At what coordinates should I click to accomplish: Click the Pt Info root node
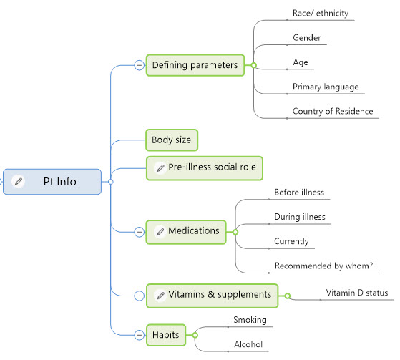[52, 182]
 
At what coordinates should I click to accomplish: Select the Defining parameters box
[195, 65]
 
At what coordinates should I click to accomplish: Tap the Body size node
[172, 140]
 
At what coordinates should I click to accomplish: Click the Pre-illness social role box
[205, 168]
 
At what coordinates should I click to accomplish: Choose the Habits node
[166, 335]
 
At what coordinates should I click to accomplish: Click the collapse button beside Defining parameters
[140, 65]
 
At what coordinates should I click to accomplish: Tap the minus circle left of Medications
[140, 232]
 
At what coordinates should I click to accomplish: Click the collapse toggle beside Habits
[140, 335]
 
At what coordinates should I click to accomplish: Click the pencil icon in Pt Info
[19, 182]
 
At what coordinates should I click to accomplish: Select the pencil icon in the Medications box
[160, 232]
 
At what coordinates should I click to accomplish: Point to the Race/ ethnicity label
[321, 14]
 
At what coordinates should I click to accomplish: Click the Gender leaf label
[307, 38]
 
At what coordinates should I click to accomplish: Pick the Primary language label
[326, 87]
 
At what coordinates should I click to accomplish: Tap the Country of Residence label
[333, 111]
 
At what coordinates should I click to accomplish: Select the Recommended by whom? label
[323, 266]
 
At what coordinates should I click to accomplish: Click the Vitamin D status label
[357, 293]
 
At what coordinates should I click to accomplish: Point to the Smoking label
[250, 320]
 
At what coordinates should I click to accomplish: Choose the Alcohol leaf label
[248, 344]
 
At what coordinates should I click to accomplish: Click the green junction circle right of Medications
[235, 232]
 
